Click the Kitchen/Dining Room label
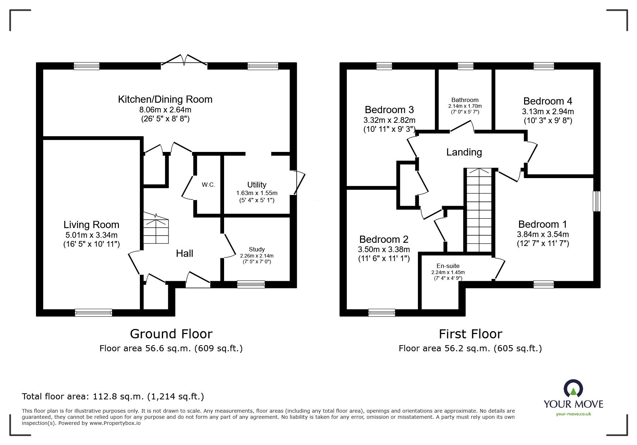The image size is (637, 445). point(165,99)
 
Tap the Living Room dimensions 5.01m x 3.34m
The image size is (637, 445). point(91,235)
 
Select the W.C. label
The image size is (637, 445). point(208,185)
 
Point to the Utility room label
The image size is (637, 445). point(256,185)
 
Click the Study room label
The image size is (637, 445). point(256,249)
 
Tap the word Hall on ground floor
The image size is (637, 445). point(185,254)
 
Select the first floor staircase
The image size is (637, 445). point(479,210)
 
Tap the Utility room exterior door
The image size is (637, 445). point(299,183)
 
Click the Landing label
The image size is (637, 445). point(464,152)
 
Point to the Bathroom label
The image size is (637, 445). point(465,100)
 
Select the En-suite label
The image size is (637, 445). point(448,266)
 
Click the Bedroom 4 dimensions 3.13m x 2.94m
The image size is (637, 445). point(547,112)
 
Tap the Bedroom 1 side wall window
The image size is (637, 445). point(596,201)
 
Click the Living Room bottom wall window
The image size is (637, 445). point(94,312)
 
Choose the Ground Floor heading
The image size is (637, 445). point(171,334)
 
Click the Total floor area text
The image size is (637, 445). point(113,397)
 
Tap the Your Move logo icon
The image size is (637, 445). point(573,389)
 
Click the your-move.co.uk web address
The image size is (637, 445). point(573,414)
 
